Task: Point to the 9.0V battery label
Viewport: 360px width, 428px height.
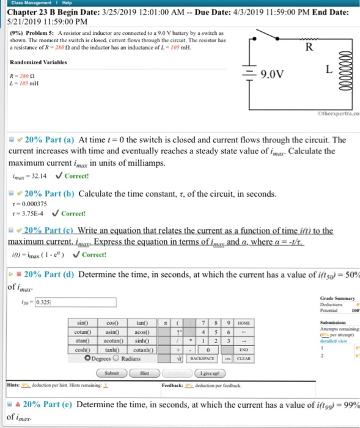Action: coord(271,75)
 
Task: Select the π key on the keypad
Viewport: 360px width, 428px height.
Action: coord(167,322)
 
